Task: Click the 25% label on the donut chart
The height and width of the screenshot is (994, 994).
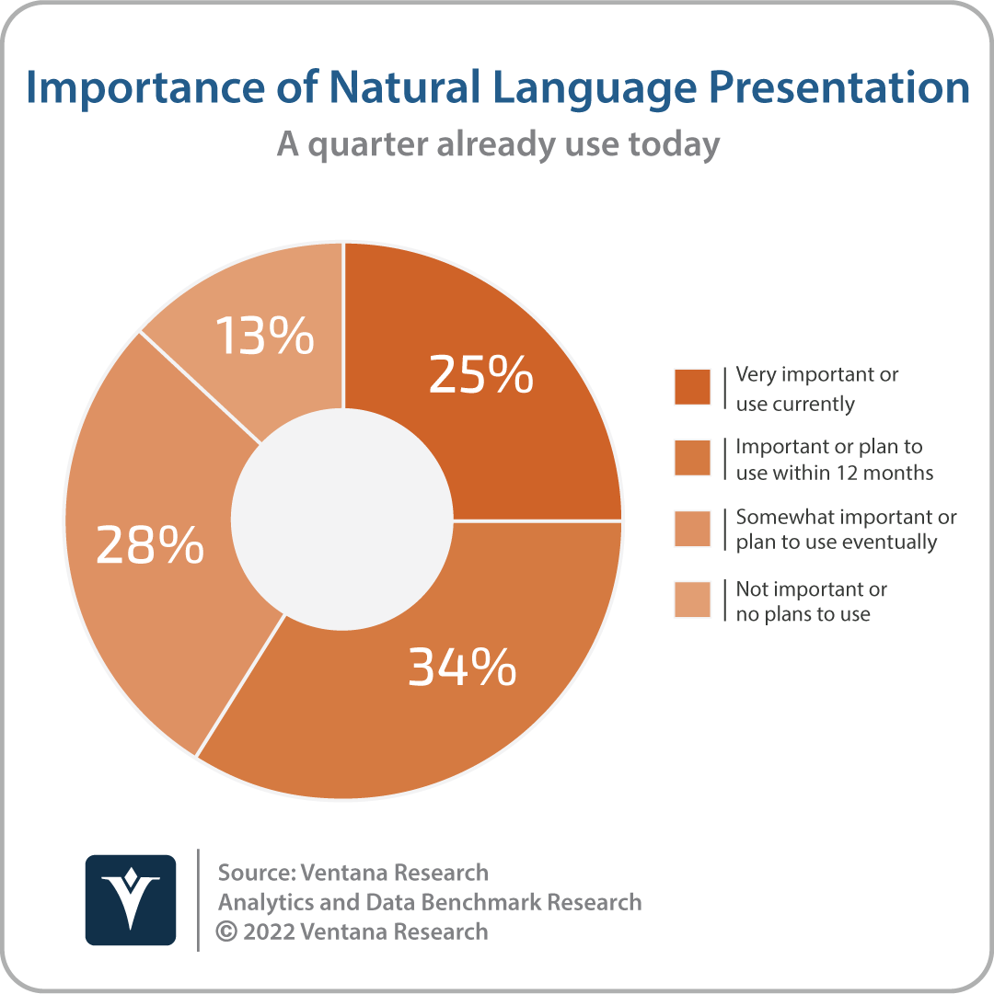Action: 480,374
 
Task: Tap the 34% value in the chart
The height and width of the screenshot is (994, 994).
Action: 462,667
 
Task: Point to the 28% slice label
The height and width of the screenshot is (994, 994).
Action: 150,544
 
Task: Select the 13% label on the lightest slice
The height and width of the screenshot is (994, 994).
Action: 264,335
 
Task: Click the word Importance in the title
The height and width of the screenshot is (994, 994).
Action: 144,88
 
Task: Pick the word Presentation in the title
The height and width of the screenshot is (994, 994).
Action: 838,86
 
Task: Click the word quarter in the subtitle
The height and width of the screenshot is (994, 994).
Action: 368,145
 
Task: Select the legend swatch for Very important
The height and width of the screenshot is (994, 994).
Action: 692,386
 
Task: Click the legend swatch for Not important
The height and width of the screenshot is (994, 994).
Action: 692,599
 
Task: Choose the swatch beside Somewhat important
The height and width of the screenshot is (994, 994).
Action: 692,528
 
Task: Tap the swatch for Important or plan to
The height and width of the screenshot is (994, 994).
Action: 692,457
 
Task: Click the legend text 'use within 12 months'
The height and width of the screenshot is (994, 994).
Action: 834,473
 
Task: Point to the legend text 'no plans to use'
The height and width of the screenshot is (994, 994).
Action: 803,614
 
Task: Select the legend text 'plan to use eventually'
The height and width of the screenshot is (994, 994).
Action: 836,543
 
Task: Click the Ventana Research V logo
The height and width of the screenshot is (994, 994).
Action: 131,899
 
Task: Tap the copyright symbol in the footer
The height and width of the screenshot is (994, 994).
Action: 226,931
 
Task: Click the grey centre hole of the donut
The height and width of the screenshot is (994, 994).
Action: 342,520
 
